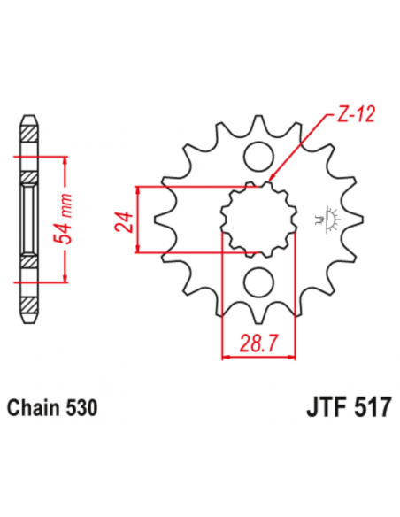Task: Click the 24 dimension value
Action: point(124,220)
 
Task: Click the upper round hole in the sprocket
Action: point(259,157)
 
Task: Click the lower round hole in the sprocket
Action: point(259,282)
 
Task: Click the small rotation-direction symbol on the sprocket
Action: point(334,219)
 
